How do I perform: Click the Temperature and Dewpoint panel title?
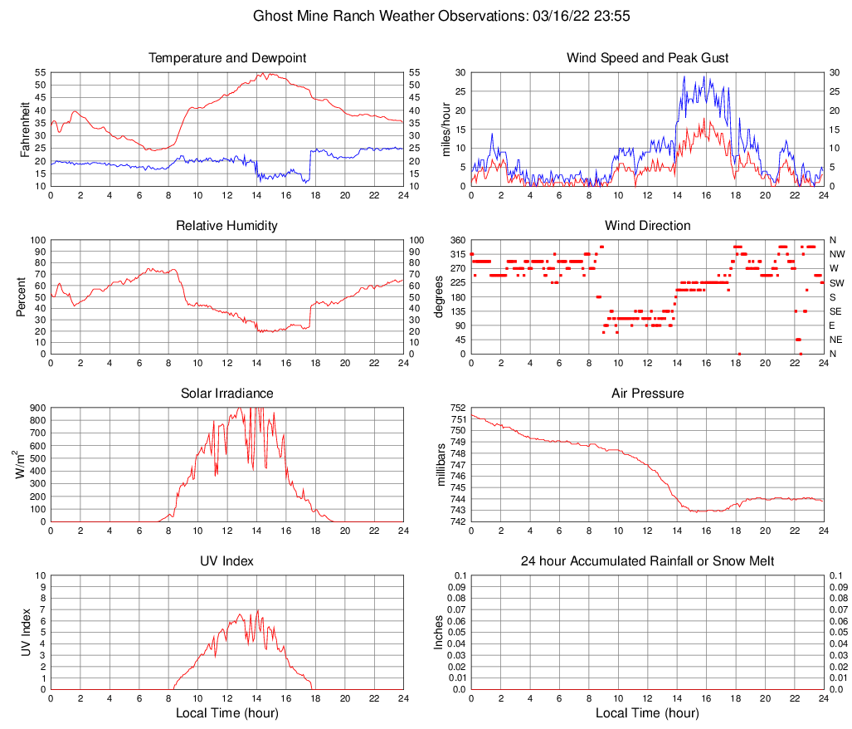click(226, 58)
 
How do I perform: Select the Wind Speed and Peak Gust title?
click(647, 58)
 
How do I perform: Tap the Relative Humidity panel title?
click(226, 226)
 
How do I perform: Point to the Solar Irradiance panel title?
click(226, 394)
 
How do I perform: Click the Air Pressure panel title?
click(647, 394)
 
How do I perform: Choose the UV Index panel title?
click(226, 561)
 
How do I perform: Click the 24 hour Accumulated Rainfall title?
click(647, 561)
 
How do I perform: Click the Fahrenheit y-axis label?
click(24, 130)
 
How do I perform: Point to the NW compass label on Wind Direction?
click(837, 254)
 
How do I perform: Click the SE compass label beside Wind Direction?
click(835, 311)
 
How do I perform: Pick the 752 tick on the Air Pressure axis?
click(456, 408)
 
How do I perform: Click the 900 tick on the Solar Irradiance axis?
click(37, 408)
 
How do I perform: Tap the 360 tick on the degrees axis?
click(456, 240)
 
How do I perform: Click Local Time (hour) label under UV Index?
click(226, 713)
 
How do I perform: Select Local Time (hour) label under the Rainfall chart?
click(647, 713)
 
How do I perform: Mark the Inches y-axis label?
click(441, 633)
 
